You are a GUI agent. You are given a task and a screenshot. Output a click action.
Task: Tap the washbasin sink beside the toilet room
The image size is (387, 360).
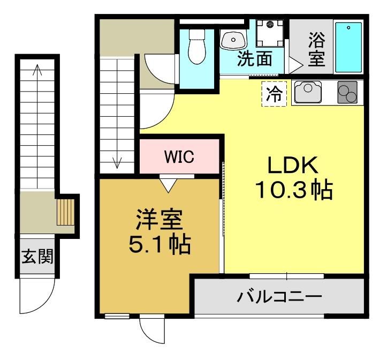tap(233, 40)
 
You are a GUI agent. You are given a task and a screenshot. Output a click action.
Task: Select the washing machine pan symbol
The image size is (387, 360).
tap(270, 33)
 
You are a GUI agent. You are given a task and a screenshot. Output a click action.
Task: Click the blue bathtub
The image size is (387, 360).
tap(348, 47)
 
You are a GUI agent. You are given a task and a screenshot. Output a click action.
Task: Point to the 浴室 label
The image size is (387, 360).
tap(317, 49)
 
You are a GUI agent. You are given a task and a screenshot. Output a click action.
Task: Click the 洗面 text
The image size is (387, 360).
tap(254, 58)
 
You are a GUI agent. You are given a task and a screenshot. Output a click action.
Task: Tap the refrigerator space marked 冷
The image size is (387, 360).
tap(274, 94)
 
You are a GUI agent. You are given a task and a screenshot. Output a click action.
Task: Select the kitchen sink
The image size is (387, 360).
tap(308, 92)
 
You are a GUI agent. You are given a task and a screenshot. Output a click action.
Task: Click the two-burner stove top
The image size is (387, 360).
tap(347, 92)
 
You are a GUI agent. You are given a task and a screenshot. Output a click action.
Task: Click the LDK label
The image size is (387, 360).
tap(293, 165)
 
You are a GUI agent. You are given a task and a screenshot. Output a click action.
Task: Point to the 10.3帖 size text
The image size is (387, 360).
tap(294, 190)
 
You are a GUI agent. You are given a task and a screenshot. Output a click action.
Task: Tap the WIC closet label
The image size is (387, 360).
tap(179, 156)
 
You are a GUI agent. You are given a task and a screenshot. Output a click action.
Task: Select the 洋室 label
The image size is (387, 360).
tap(160, 220)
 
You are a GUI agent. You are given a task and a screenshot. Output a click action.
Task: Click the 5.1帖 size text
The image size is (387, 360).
tap(160, 245)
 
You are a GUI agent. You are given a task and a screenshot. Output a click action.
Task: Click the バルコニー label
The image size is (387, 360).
tap(279, 296)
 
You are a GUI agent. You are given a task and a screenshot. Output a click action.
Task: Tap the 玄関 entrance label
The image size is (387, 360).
tap(37, 256)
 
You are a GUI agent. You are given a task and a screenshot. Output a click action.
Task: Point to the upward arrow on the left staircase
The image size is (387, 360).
tap(37, 126)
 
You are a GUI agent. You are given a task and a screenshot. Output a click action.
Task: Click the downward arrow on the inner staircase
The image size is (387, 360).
tap(117, 113)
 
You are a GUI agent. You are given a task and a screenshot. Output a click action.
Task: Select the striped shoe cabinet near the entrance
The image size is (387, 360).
tap(66, 212)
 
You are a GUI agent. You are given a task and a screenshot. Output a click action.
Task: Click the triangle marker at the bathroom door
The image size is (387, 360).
tap(295, 65)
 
